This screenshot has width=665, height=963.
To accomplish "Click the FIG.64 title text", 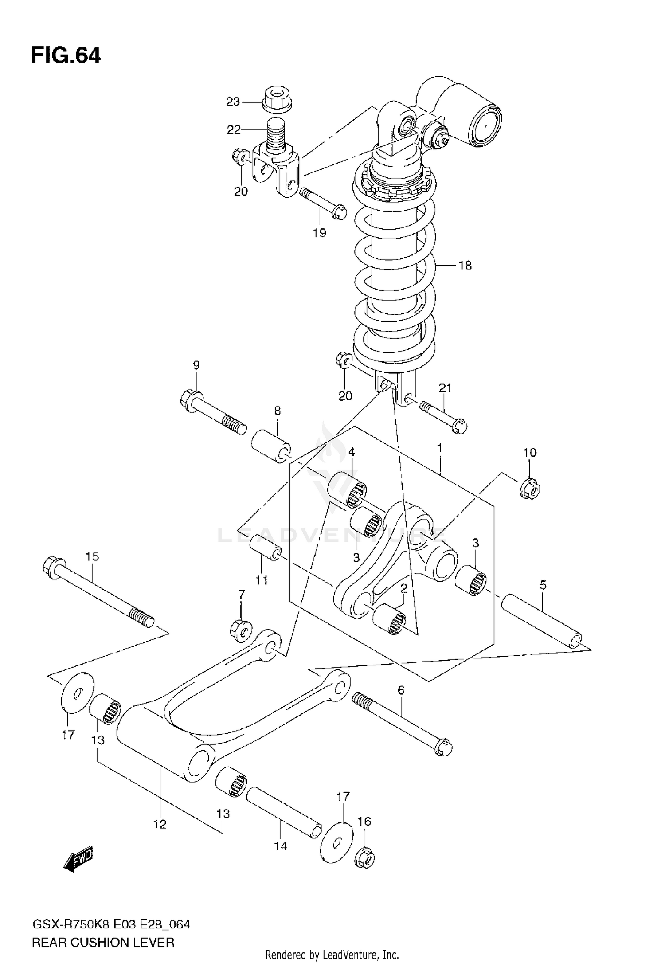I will (x=66, y=56).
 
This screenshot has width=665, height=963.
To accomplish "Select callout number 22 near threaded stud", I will (x=233, y=130).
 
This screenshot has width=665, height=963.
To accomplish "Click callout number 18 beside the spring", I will (x=465, y=266).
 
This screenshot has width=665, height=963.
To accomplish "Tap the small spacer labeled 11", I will (x=265, y=548).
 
